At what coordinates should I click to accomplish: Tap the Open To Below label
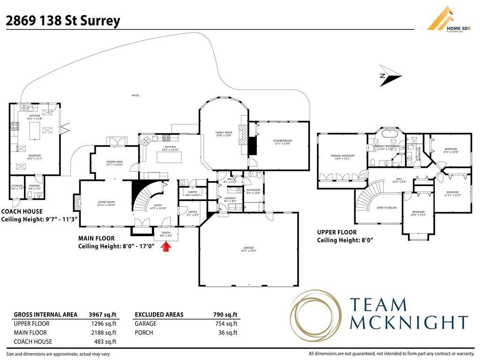386,208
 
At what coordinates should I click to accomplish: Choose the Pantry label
193,193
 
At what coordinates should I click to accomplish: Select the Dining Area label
114,163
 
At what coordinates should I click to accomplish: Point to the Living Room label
105,203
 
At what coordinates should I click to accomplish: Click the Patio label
135,96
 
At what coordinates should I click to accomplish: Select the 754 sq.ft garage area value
226,323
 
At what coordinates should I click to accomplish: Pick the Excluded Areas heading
159,315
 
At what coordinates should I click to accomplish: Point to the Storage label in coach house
17,186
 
